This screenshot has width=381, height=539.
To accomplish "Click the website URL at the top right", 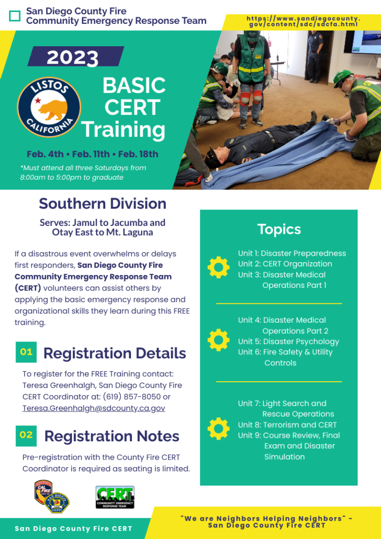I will [303, 21].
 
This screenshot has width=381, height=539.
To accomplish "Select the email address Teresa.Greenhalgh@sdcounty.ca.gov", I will [94, 408].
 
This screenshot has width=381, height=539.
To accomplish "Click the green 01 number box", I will [26, 352].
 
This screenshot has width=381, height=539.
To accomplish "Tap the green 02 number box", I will [26, 435].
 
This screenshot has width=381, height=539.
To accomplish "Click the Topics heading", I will [279, 229].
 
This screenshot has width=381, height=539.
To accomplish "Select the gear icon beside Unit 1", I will [218, 268].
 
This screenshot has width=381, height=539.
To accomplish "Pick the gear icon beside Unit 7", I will [218, 429].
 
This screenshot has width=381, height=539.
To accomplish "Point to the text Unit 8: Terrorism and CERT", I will [287, 425].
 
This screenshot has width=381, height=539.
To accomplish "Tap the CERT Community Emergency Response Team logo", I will [115, 497].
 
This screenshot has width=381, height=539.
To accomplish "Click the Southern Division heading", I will [102, 203].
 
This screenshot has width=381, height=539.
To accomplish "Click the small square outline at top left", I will [15, 16].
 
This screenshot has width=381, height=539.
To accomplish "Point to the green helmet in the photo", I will [342, 76].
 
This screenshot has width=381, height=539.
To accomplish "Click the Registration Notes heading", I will [112, 436].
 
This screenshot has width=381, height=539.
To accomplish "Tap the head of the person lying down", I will [213, 152].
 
